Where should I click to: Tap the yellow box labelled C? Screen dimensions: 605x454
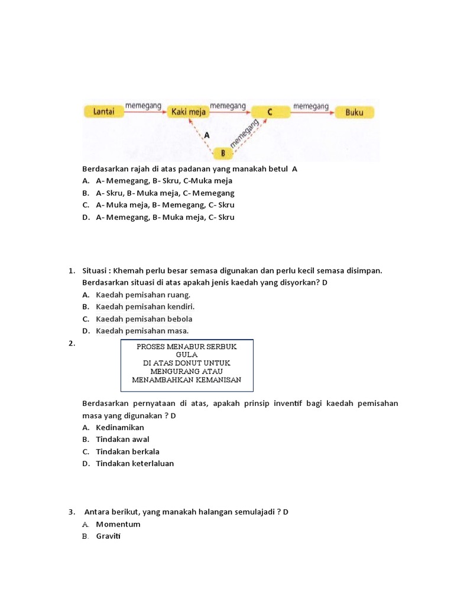[270, 111]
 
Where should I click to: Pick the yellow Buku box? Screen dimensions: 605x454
[354, 111]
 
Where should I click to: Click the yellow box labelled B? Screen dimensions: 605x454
[223, 154]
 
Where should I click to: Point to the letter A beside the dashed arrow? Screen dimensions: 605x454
[206, 135]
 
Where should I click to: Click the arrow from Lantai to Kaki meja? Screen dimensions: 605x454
[145, 111]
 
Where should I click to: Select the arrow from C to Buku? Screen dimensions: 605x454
[312, 111]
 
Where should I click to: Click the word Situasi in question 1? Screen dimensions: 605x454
[95, 271]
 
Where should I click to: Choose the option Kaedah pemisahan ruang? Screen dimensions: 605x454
[143, 294]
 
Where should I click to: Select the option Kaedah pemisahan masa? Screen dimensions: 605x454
[142, 331]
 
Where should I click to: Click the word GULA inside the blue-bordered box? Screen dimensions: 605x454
[186, 354]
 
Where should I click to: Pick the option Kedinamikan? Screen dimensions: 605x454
[119, 427]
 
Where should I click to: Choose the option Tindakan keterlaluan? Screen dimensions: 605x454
[135, 464]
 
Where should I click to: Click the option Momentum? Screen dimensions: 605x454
[118, 524]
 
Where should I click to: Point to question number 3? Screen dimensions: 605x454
[71, 512]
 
